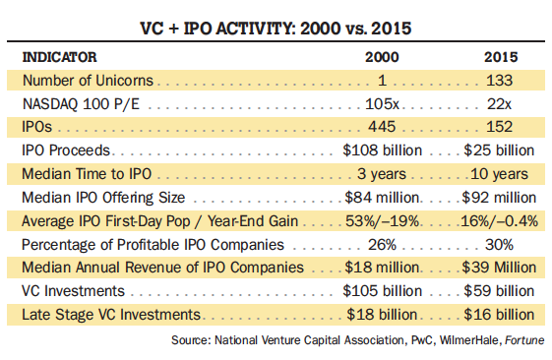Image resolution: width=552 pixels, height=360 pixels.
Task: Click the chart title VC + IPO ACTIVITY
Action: [216, 29]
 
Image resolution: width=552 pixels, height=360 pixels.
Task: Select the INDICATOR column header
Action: [59, 57]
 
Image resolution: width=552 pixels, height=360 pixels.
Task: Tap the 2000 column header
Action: [382, 57]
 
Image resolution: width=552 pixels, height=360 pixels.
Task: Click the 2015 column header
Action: [501, 57]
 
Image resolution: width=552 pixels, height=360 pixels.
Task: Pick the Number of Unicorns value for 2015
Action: [500, 81]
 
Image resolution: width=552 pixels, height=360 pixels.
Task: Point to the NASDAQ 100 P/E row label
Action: [81, 104]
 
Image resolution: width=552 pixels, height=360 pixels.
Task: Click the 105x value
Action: [382, 104]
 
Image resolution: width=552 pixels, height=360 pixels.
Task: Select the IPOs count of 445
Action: [382, 127]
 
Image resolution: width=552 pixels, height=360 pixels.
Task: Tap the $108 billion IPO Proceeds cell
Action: [383, 150]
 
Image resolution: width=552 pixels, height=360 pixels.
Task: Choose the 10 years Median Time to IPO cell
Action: [500, 174]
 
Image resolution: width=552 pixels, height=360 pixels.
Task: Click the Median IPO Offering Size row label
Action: [103, 198]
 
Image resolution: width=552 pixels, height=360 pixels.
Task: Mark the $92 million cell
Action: [499, 198]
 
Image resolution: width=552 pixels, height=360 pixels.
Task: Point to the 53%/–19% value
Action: [383, 221]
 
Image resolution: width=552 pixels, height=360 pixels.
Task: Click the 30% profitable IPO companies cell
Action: [499, 245]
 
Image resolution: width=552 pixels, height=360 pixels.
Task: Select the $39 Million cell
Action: [499, 268]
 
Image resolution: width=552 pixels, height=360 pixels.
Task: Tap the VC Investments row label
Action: [73, 291]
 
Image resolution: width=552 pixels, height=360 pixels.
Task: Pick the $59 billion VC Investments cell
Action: [499, 291]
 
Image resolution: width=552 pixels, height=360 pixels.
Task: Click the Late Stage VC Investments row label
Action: [111, 315]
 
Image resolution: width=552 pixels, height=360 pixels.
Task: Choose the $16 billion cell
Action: [499, 315]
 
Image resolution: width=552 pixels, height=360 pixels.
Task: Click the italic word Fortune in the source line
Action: [524, 340]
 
